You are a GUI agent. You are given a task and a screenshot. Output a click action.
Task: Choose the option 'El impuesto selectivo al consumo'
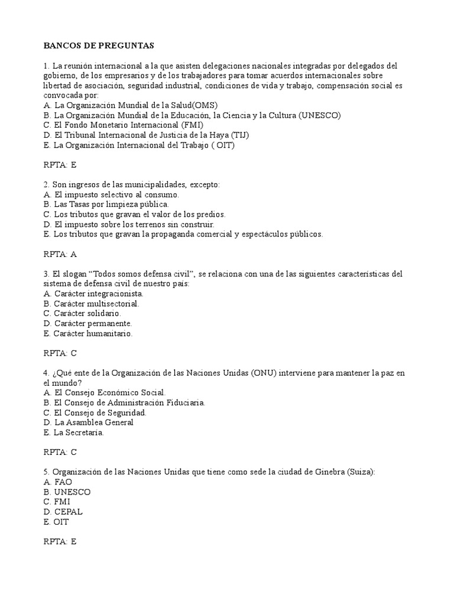[116, 194]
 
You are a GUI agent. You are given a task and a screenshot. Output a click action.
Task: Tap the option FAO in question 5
[63, 482]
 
